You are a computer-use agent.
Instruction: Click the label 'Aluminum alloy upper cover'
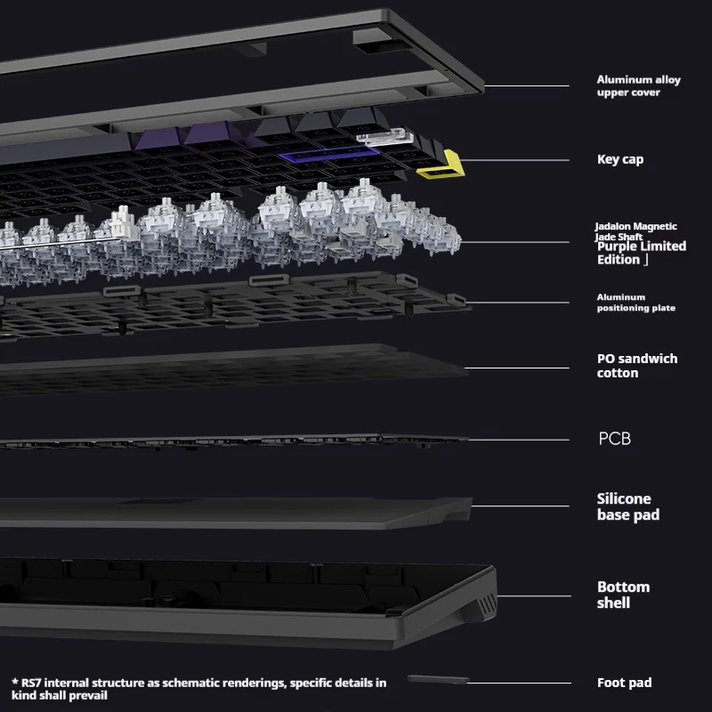[x=638, y=85]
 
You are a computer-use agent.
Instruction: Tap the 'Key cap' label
[x=619, y=159]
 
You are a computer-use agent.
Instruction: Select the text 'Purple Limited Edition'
[x=641, y=253]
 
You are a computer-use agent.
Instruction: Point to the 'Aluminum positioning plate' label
[x=635, y=303]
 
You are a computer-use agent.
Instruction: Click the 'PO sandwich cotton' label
[x=636, y=366]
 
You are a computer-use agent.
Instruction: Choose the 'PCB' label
[x=614, y=439]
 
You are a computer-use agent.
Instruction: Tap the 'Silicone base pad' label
[x=627, y=506]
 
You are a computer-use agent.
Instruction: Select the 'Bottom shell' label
[x=623, y=595]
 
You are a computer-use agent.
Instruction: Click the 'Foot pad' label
[x=624, y=683]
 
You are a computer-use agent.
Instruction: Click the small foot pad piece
[x=438, y=681]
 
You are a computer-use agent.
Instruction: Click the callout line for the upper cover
[x=525, y=86]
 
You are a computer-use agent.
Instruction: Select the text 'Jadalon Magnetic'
[x=635, y=227]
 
